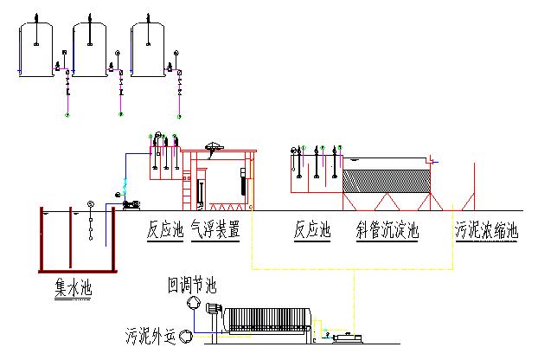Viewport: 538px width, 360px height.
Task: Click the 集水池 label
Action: click(72, 286)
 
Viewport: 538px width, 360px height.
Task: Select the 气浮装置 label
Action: click(215, 231)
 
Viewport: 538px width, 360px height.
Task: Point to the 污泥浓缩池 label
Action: click(486, 231)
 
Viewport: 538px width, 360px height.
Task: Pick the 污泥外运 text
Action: click(151, 335)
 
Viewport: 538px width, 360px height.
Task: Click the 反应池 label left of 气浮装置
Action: click(165, 231)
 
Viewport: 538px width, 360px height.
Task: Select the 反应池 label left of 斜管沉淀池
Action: click(313, 231)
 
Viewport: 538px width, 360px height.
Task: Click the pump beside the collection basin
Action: click(131, 204)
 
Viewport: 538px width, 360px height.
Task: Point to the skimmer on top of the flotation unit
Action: click(215, 147)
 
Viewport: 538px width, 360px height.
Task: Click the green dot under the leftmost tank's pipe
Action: click(67, 113)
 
